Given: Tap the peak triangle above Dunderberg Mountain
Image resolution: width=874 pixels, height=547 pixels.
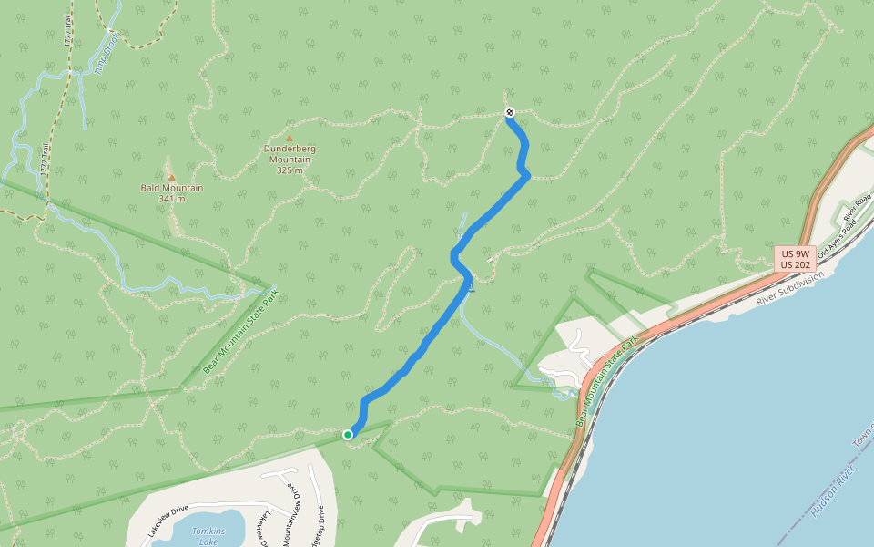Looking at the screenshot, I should coord(290,139).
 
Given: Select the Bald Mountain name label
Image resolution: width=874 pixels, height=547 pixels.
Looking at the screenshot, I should coord(171,188).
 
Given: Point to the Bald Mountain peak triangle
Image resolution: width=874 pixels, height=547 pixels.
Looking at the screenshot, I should coord(171,177).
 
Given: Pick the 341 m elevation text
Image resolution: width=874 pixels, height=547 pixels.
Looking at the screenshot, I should coord(171,199).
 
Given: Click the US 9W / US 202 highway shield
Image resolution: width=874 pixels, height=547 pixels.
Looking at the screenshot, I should coord(794,258).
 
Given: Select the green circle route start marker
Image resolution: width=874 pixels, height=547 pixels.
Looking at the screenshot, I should coord(348,435).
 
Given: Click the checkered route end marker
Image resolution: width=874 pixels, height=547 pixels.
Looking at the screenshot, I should coord(510,112).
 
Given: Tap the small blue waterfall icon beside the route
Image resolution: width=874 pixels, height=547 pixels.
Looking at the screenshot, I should coord(471,288).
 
